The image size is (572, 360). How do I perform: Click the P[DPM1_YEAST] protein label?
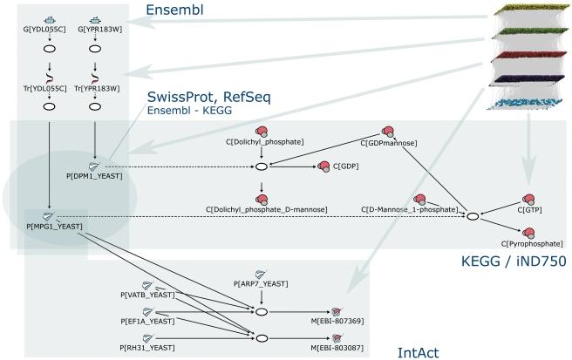click(95, 175)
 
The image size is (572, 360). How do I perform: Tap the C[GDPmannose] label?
click(388, 142)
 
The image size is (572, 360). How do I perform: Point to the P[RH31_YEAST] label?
click(149, 348)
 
